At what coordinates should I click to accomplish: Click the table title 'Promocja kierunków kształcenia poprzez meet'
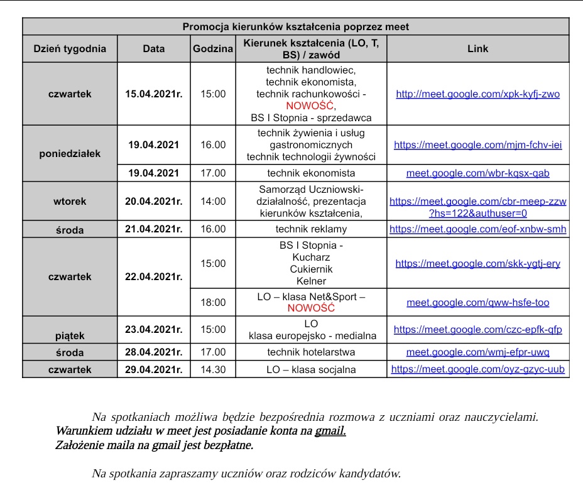tap(295, 27)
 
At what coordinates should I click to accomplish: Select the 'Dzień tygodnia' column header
tap(70, 48)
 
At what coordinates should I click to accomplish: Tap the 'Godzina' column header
tap(213, 48)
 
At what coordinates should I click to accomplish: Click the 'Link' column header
tap(477, 48)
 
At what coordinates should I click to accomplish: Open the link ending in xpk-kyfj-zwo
tap(477, 94)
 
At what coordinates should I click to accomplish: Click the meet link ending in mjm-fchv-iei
tap(477, 144)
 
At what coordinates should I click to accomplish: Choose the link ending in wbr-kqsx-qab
tap(477, 173)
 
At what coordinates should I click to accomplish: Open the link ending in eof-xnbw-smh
tap(477, 229)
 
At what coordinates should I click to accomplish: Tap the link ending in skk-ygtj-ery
tap(477, 264)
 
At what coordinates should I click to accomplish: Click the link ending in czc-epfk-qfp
tap(477, 329)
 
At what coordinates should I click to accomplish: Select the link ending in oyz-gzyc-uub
tap(477, 369)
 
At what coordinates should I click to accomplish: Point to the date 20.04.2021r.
tap(154, 202)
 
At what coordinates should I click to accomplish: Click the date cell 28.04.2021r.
tap(154, 352)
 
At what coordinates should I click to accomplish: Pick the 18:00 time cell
tap(213, 302)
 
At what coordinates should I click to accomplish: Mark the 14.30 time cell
tap(213, 369)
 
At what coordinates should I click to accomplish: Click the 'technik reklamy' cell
tap(311, 229)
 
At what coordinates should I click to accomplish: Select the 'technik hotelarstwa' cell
tap(311, 352)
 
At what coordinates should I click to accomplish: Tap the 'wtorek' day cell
tap(70, 202)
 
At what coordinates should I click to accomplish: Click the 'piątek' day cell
tap(70, 335)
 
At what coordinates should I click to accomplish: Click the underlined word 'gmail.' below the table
tap(330, 431)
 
